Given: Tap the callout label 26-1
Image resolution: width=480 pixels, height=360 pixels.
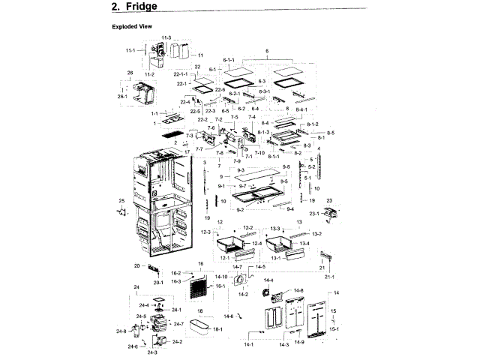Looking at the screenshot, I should coord(124,96).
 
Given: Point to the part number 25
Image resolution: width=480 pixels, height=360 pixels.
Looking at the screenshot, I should coord(121,200).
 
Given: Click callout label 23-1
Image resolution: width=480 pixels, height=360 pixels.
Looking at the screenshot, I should coord(315,214).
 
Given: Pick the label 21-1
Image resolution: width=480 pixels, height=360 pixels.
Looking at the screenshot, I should coord(329,277).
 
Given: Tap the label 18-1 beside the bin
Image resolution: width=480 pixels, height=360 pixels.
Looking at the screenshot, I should coord(218,329).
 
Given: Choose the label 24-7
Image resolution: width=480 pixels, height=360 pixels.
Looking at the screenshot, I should coord(178,325).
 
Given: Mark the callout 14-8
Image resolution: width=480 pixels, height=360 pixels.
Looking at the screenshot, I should coord(298,290).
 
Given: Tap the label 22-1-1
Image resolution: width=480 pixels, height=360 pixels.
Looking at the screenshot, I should coord(181,73).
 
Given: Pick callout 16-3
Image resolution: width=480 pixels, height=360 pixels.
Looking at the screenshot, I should coord(175,281).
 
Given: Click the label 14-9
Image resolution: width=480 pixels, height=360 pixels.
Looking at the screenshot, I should coord(299,343).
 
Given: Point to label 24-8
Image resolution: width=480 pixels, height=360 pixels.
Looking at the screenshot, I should coord(121,331).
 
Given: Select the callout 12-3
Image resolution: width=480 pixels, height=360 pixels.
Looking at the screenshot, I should coord(205,232).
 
